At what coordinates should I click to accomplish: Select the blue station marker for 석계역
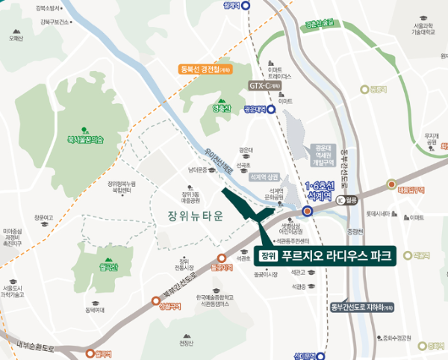coord(307,211)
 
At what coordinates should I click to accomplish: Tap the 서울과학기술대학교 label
coord(423,31)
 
